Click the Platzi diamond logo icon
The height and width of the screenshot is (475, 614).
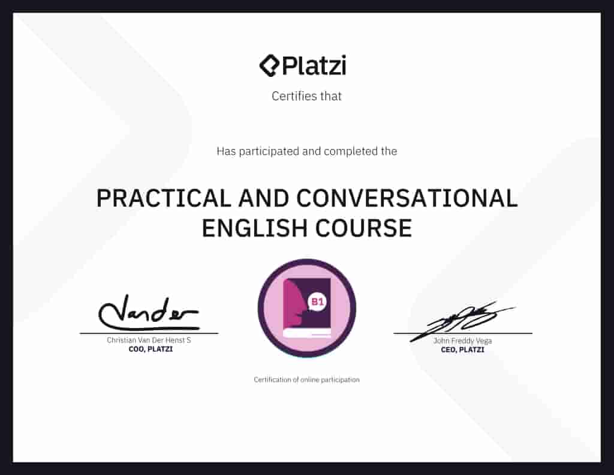(270, 65)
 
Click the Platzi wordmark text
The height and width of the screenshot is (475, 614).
(314, 65)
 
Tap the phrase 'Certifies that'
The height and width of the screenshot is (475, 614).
(306, 96)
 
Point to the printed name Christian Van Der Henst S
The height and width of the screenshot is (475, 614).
(149, 340)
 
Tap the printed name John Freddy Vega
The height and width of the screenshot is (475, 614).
(462, 341)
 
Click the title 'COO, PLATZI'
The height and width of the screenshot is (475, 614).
(147, 349)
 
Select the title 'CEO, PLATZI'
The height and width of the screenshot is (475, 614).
(462, 349)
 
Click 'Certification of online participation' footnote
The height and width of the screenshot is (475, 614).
(306, 380)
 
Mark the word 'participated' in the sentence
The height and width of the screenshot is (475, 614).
(269, 151)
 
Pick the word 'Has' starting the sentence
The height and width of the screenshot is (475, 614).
(226, 151)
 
